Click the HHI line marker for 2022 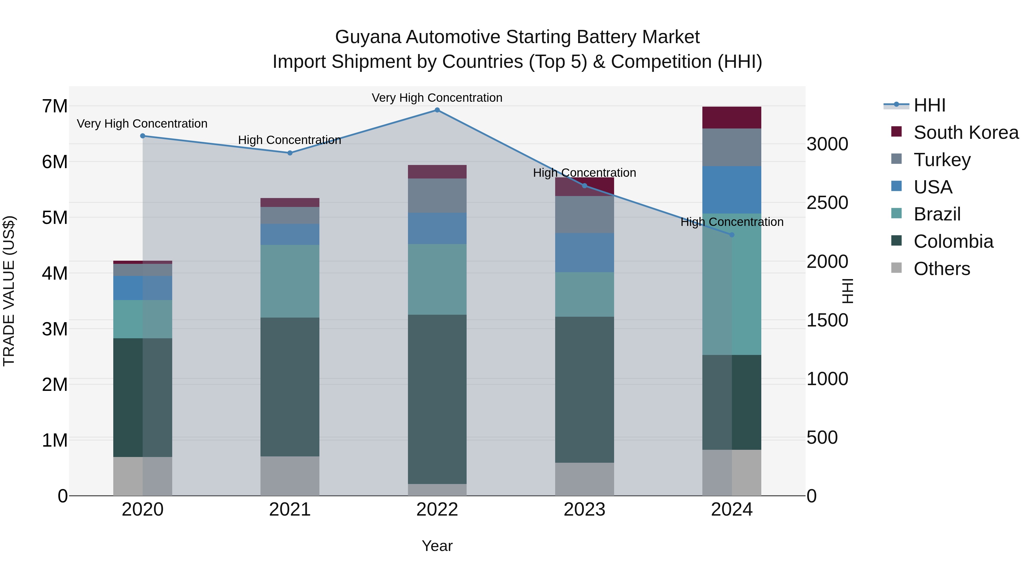(x=437, y=110)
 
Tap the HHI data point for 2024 (x=732, y=235)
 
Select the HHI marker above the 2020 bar (x=143, y=136)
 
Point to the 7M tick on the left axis (x=55, y=106)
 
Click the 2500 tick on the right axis (x=827, y=203)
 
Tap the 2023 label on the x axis (x=584, y=510)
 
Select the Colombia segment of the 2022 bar (x=437, y=399)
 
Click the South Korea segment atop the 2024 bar (x=732, y=118)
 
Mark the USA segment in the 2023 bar (x=584, y=253)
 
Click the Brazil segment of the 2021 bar (x=290, y=281)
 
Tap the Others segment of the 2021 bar (x=290, y=476)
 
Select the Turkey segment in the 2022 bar (x=437, y=196)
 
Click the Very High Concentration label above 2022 (x=437, y=98)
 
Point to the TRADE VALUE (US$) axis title (x=9, y=291)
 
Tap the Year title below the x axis (x=437, y=546)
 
